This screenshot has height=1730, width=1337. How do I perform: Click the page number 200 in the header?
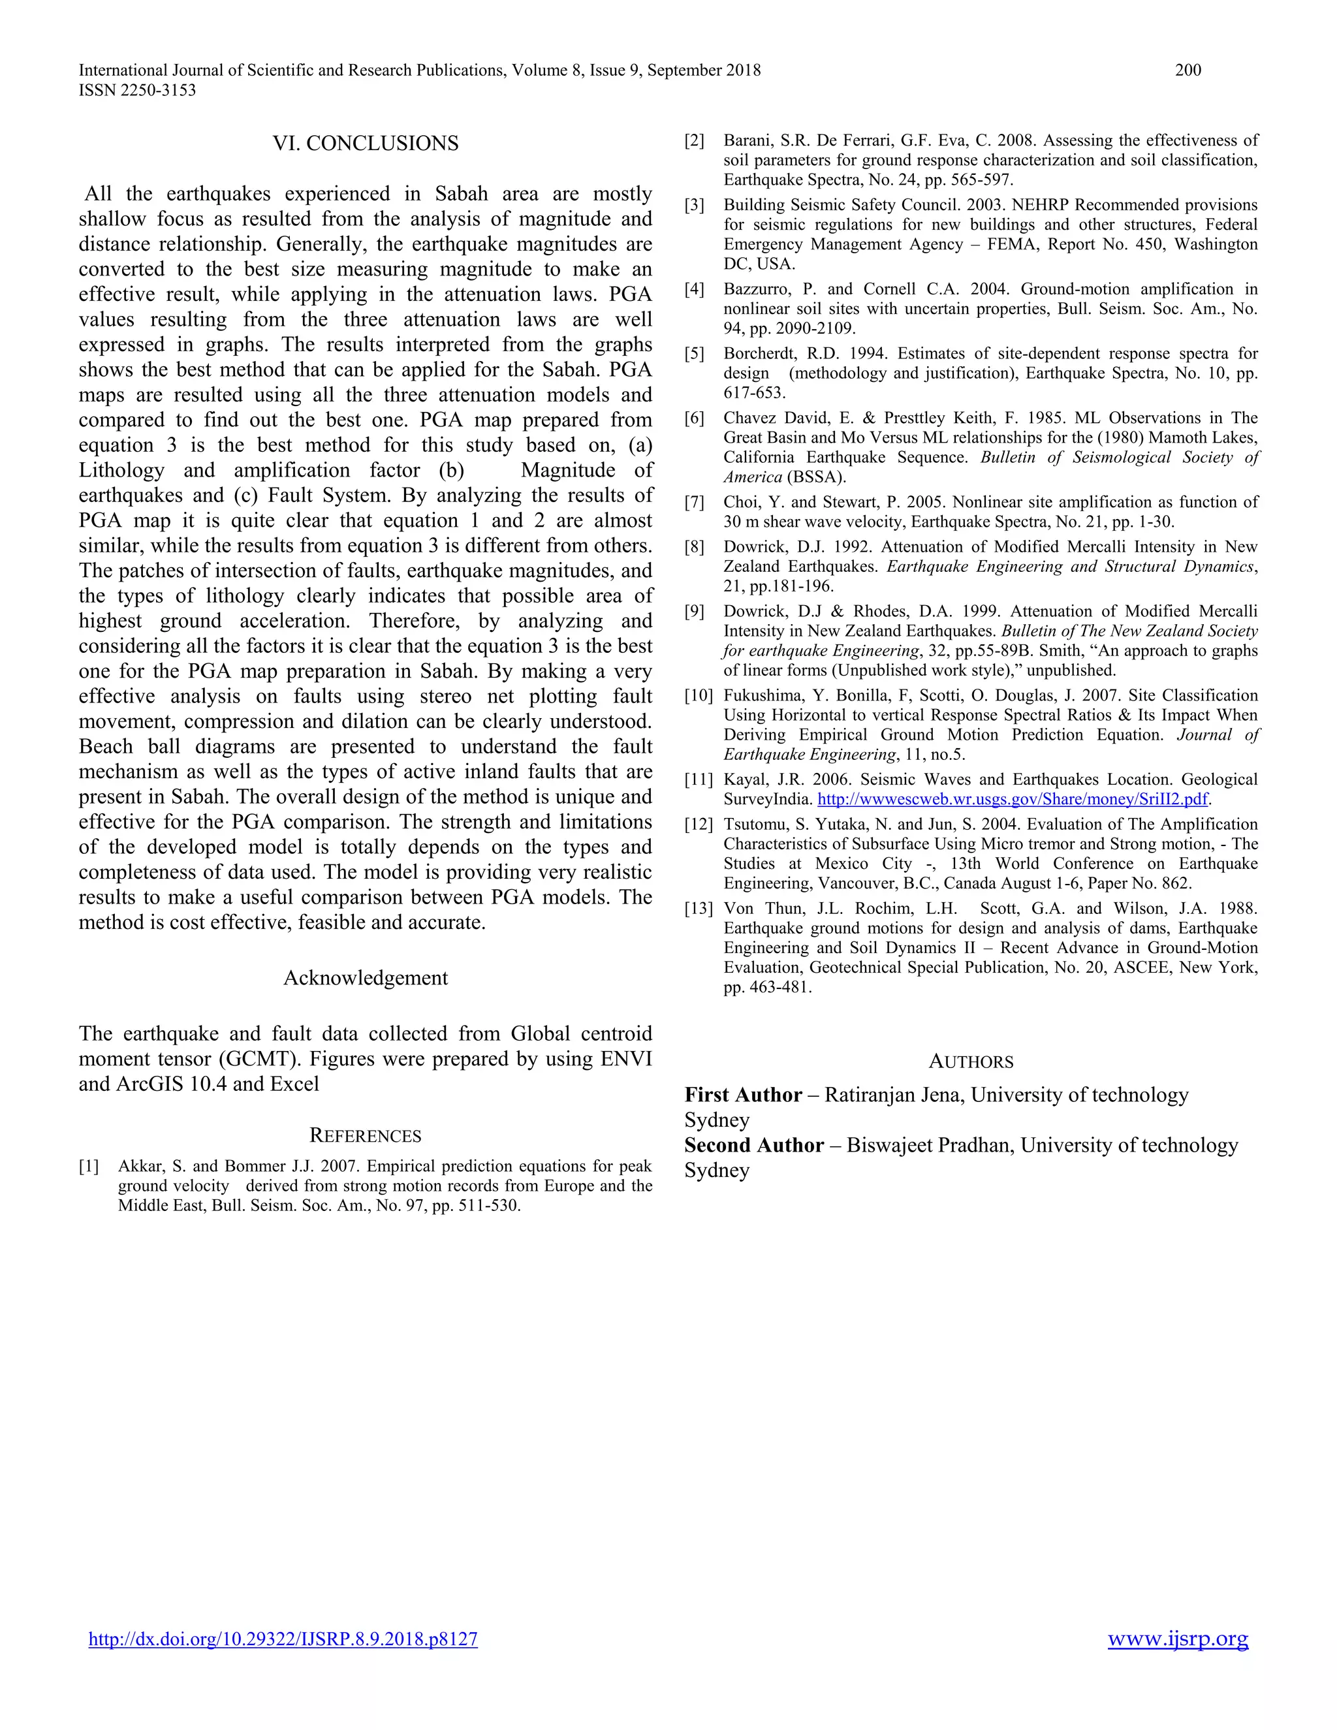click(1188, 70)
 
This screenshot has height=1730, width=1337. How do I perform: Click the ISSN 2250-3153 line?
click(137, 90)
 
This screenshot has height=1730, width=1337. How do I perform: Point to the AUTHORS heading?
click(970, 1062)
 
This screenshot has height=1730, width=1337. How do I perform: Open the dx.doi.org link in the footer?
click(283, 1639)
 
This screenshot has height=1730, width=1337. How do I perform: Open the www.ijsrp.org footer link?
click(1178, 1638)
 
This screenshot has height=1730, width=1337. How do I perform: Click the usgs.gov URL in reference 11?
click(1013, 799)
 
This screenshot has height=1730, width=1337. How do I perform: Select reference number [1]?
click(89, 1166)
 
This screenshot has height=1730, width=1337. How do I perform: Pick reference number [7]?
click(694, 502)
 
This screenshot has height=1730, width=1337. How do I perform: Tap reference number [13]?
click(699, 909)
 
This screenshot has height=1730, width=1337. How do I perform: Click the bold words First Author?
click(743, 1095)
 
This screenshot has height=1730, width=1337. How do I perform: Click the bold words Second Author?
click(754, 1146)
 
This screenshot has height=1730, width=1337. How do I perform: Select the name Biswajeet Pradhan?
click(930, 1146)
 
